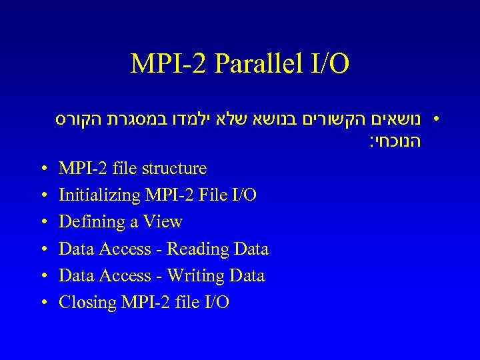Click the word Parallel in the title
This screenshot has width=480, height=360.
[253, 64]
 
